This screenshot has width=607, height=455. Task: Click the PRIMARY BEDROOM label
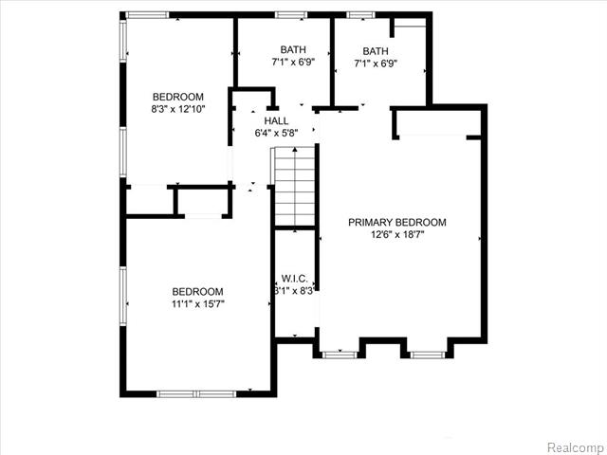397,223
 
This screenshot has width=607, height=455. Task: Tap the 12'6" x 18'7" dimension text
397,234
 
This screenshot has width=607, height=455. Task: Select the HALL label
276,120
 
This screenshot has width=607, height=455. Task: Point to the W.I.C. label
295,279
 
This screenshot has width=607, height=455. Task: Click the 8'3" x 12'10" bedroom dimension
177,109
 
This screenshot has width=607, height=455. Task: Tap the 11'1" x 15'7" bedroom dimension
198,304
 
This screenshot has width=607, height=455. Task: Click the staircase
295,187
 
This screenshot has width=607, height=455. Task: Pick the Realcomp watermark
576,447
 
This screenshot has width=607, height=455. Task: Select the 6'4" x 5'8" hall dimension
276,133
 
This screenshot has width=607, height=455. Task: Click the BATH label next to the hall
293,49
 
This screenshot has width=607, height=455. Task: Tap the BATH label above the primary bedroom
376,51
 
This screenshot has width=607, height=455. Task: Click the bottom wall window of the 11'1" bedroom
196,394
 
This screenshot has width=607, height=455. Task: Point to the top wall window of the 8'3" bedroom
147,15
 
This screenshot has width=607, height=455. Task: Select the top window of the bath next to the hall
291,15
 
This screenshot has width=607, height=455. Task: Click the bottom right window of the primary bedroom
428,355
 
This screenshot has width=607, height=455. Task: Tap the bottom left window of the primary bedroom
340,355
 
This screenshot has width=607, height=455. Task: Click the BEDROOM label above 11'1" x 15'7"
198,292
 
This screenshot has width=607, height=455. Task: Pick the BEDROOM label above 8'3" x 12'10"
178,97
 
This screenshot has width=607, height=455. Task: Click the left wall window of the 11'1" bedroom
123,297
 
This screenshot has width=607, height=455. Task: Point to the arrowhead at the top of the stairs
295,150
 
